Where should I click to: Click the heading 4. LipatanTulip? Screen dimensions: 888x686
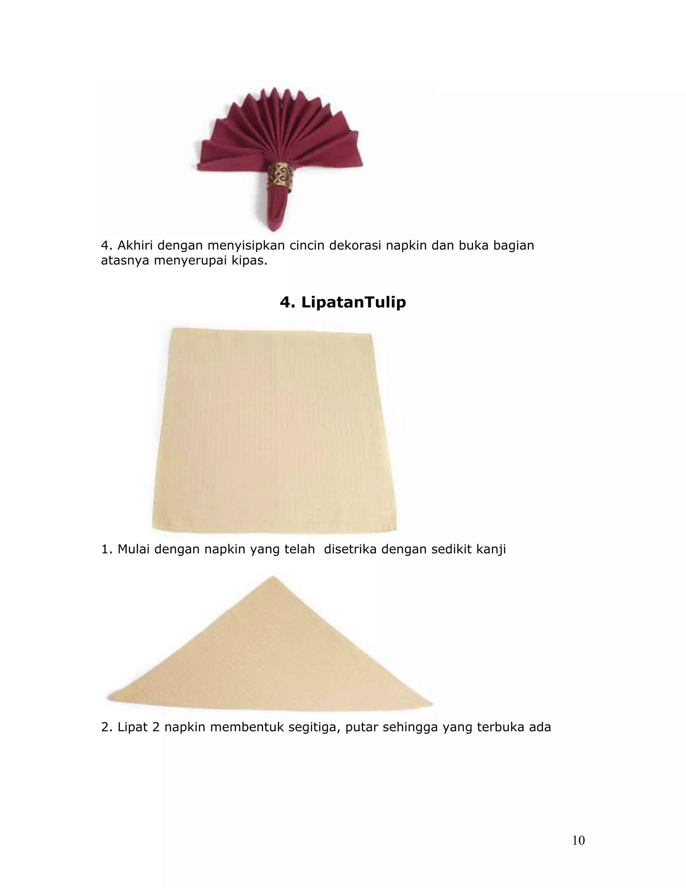click(x=343, y=302)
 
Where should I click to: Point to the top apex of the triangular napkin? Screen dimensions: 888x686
click(x=273, y=577)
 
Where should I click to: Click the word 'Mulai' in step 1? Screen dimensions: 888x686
click(x=134, y=549)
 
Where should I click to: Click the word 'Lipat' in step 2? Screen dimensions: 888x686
click(x=133, y=727)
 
